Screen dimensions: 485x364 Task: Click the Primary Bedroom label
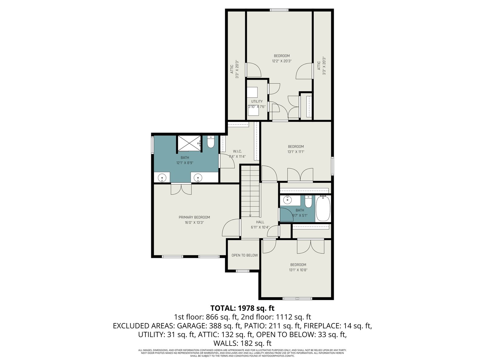point(194,217)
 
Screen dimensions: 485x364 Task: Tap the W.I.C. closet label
point(237,151)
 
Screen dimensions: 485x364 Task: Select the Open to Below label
point(245,255)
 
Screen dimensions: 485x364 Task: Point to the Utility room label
point(257,101)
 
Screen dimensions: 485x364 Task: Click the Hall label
point(260,222)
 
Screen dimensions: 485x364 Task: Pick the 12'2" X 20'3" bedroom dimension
point(282,61)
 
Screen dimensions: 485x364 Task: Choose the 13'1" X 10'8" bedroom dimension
point(298,270)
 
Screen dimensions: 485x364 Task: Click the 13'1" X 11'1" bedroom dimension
point(296,152)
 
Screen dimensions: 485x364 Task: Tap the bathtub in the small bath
point(323,209)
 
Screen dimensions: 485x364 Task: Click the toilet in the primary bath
point(211,142)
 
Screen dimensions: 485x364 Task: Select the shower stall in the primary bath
point(189,144)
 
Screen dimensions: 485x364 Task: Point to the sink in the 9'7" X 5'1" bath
point(287,200)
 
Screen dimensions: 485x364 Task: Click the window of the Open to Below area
point(242,271)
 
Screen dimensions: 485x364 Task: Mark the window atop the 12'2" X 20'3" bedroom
point(279,10)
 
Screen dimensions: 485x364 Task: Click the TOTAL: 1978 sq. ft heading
point(242,308)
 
